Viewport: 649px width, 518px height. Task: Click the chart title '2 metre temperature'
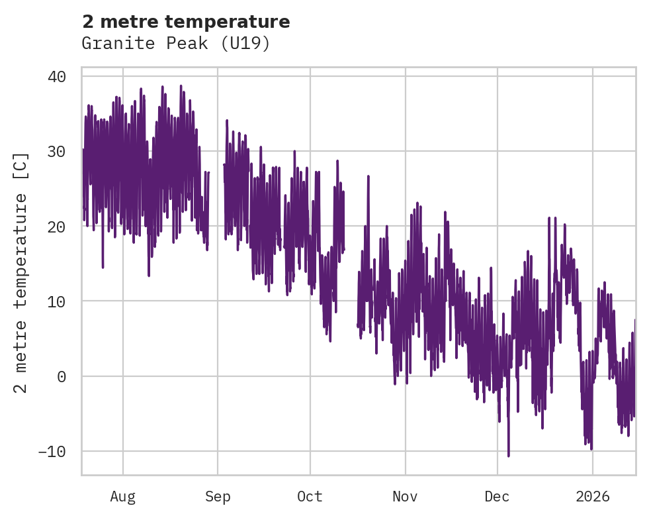pyautogui.click(x=186, y=22)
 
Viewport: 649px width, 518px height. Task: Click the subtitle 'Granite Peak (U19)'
pyautogui.click(x=176, y=44)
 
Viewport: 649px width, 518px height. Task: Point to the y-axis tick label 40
pyautogui.click(x=57, y=76)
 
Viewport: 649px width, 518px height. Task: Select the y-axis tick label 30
pyautogui.click(x=57, y=151)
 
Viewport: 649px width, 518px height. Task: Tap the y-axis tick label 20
pyautogui.click(x=57, y=227)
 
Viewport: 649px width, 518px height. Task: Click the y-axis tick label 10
pyautogui.click(x=57, y=301)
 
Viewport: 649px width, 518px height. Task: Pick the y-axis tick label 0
pyautogui.click(x=62, y=376)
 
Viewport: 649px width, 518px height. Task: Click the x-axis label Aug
pyautogui.click(x=123, y=497)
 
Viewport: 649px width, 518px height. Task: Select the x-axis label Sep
pyautogui.click(x=218, y=497)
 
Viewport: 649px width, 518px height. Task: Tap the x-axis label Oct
pyautogui.click(x=310, y=497)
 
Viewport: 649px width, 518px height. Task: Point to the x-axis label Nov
pyautogui.click(x=405, y=497)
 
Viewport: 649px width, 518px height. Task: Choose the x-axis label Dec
pyautogui.click(x=497, y=497)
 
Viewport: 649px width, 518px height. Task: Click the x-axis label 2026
pyautogui.click(x=593, y=497)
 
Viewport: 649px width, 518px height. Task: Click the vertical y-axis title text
pyautogui.click(x=21, y=272)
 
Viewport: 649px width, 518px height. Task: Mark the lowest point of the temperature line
pyautogui.click(x=509, y=456)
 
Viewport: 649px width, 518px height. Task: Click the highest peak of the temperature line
pyautogui.click(x=181, y=85)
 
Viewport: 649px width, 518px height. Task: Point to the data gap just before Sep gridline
pyautogui.click(x=216, y=199)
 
